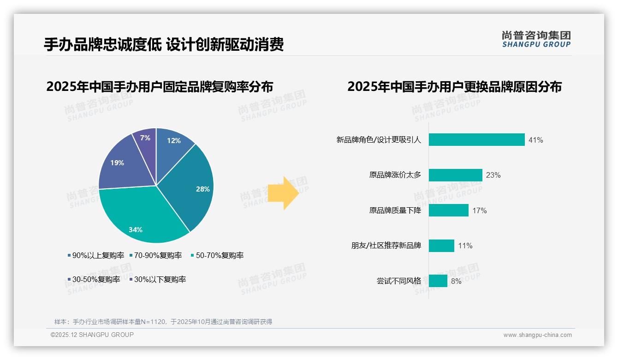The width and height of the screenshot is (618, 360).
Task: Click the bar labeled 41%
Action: [476, 140]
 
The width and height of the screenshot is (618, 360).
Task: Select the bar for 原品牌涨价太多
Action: [455, 175]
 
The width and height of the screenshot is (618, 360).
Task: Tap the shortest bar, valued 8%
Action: [438, 281]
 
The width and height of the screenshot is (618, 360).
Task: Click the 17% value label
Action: [479, 210]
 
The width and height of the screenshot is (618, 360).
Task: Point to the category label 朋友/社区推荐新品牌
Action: [386, 246]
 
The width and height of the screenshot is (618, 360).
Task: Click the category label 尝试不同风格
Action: [398, 281]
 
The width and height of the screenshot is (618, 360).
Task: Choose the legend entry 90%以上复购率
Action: [96, 255]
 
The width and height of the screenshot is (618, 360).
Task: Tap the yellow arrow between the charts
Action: [283, 192]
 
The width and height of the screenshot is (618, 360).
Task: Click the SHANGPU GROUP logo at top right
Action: [536, 39]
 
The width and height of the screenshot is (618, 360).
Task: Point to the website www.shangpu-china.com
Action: [537, 335]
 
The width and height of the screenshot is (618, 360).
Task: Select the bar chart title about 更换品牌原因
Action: [454, 87]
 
